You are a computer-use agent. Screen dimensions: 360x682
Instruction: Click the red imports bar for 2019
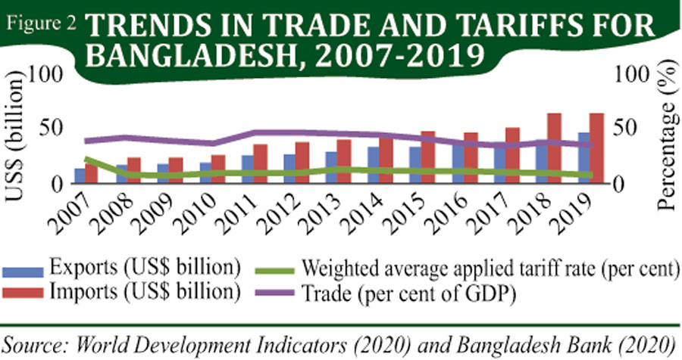click(x=596, y=147)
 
